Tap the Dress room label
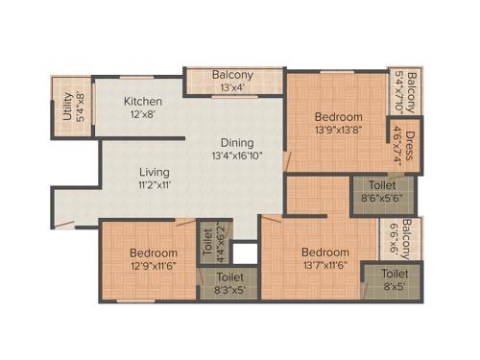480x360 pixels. [410, 148]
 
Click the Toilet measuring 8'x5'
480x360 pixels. [389, 279]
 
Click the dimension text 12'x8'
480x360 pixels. [142, 114]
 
